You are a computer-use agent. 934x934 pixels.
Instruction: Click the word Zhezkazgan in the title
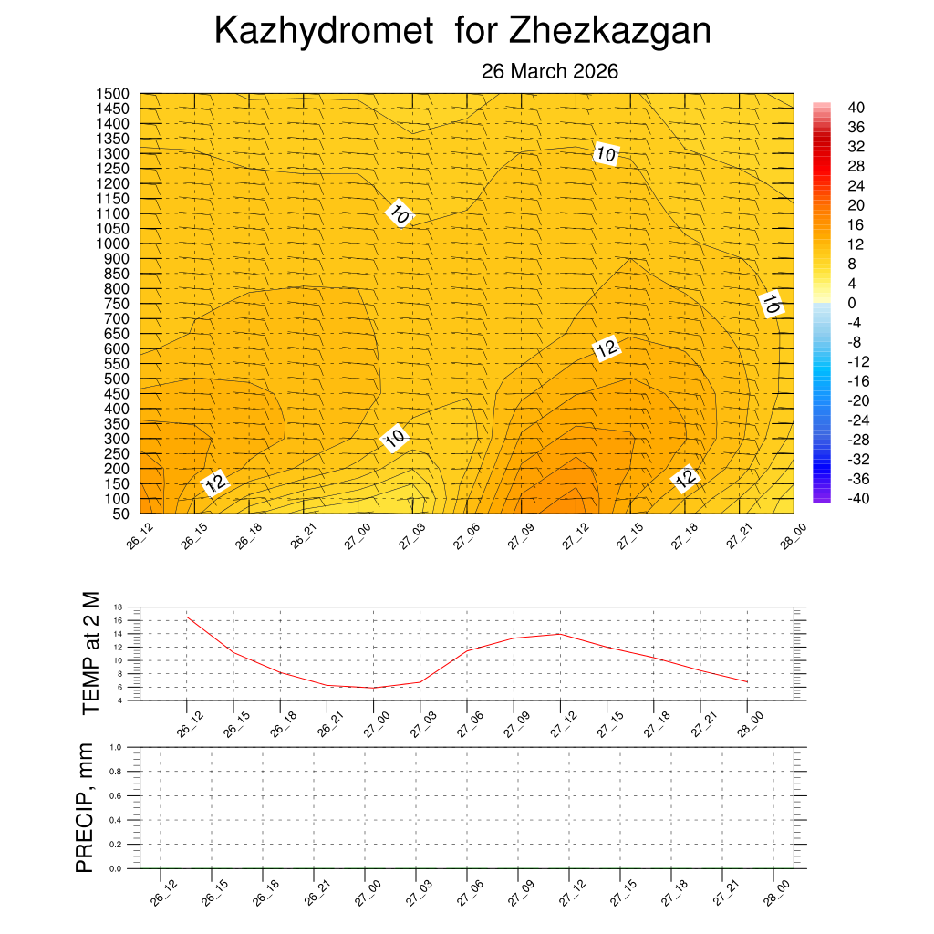(x=609, y=32)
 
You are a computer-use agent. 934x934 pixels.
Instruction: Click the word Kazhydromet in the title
(x=323, y=32)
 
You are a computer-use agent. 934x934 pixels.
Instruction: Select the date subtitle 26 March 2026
(x=550, y=71)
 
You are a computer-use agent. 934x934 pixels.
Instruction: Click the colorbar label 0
(x=852, y=303)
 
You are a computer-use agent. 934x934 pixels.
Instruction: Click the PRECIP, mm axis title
(x=84, y=807)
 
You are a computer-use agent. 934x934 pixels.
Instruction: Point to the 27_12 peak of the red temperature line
(x=559, y=634)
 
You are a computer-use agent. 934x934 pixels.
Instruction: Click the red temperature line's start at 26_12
(x=187, y=617)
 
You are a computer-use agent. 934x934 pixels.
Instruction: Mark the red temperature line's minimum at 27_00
(x=373, y=688)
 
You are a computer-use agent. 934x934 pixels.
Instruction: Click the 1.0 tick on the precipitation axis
(x=116, y=746)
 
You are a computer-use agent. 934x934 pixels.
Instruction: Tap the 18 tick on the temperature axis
(x=118, y=607)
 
